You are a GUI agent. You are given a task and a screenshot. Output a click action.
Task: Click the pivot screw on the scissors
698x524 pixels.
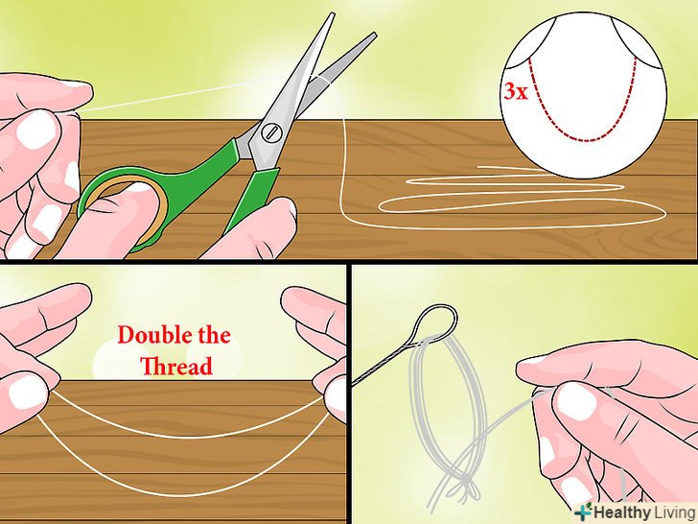coord(271,132)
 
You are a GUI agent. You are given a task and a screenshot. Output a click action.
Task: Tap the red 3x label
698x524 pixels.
coord(516,92)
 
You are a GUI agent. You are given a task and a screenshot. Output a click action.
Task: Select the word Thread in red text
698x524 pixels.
coord(176,367)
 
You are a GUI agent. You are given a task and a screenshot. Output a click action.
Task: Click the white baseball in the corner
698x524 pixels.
coord(585,94)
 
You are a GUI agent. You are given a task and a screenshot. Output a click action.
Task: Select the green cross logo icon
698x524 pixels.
coord(583,512)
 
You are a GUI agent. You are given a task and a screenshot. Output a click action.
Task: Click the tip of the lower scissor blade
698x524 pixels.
coord(374,34)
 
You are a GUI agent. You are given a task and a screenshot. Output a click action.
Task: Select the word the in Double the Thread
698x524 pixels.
coord(214,335)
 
